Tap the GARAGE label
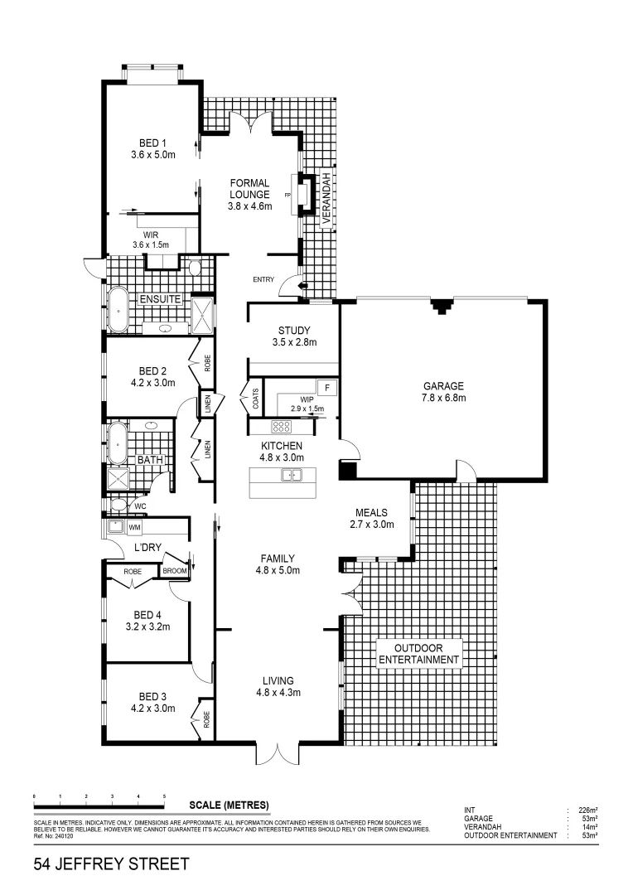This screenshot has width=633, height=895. (444, 386)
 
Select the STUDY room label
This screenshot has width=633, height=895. (293, 331)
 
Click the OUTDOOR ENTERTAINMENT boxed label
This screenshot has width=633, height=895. (418, 654)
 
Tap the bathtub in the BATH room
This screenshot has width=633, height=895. (118, 443)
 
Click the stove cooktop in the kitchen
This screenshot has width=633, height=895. (281, 428)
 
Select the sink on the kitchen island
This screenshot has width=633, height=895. (291, 475)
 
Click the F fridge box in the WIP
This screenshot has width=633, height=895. (327, 388)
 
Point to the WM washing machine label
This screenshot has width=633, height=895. (133, 527)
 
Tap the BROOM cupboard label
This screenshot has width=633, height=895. (174, 571)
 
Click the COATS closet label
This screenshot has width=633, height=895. (255, 399)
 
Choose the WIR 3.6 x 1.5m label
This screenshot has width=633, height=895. (150, 239)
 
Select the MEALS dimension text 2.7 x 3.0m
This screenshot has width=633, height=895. (371, 524)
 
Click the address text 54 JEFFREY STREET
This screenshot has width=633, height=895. (111, 865)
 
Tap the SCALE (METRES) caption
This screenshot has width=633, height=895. (229, 805)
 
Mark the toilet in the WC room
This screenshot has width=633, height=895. (119, 504)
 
